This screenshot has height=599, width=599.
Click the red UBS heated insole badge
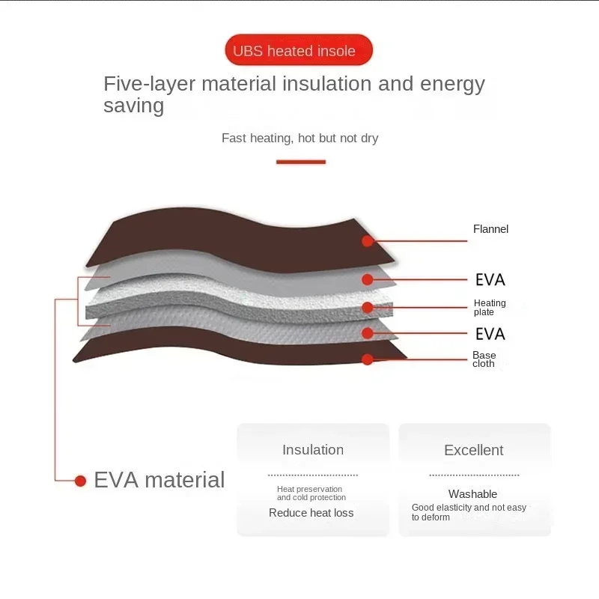[299, 51]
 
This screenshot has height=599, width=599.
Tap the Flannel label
[490, 229]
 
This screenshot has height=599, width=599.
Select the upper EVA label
[490, 280]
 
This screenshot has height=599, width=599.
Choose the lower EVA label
[490, 333]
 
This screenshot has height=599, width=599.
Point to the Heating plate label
[490, 308]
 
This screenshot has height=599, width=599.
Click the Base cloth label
[484, 359]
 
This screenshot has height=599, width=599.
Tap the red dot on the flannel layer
[368, 241]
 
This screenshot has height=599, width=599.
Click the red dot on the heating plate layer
[368, 307]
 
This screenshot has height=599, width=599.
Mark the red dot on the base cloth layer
[368, 359]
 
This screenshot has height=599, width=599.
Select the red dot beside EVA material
[80, 481]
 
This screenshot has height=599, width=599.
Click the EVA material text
[159, 480]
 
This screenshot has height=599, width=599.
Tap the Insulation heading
[313, 450]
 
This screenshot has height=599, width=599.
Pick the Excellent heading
[474, 450]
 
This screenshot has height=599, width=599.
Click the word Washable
[473, 494]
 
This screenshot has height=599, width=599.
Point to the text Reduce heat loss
[311, 513]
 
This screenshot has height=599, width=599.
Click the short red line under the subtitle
[301, 161]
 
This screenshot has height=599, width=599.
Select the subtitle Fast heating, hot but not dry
[300, 138]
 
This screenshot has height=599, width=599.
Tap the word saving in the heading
[133, 106]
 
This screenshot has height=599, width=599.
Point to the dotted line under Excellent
[474, 475]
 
